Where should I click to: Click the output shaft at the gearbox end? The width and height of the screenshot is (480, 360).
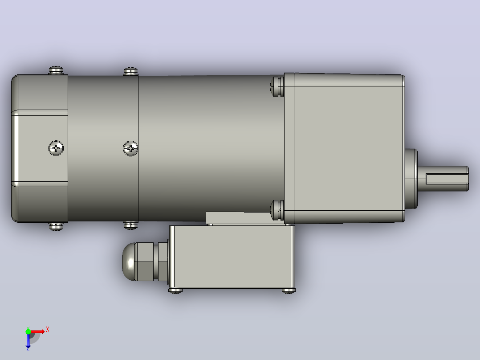[443, 179]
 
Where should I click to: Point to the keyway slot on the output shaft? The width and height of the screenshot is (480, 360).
[447, 179]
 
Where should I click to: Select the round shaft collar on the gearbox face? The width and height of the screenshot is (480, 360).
[411, 179]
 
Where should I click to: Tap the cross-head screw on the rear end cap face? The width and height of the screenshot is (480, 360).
[56, 148]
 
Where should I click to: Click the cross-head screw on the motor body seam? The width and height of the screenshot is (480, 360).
[130, 149]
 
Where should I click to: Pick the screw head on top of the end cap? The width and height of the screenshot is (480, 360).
[56, 70]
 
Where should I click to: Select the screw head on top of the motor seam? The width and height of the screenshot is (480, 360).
[131, 72]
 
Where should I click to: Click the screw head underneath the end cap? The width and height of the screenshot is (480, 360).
[56, 226]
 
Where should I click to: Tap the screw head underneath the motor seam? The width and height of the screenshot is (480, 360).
[131, 225]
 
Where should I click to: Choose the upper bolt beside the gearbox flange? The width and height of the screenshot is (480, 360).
[277, 87]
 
